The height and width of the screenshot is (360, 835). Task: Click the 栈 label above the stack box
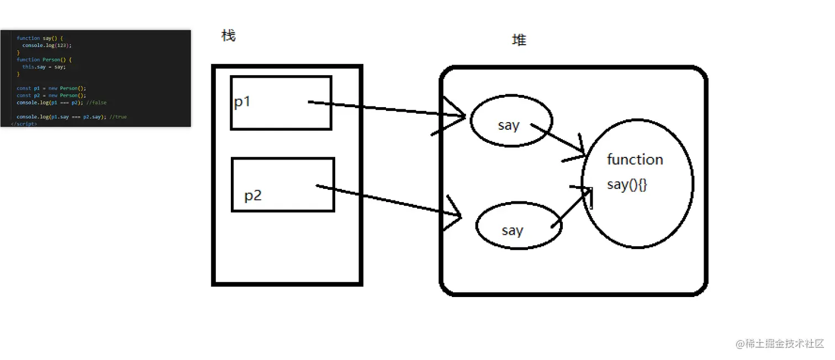pyautogui.click(x=228, y=36)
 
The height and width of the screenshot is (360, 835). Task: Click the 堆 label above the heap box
pyautogui.click(x=519, y=40)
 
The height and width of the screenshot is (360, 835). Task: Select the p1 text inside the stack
pyautogui.click(x=242, y=102)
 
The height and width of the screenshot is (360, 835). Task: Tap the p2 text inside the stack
pyautogui.click(x=253, y=195)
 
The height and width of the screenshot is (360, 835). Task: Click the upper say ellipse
pyautogui.click(x=511, y=121)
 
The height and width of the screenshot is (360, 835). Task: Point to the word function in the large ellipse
pyautogui.click(x=635, y=160)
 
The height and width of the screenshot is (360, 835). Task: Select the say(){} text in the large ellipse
pyautogui.click(x=627, y=184)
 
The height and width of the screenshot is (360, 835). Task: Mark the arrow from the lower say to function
pyautogui.click(x=572, y=207)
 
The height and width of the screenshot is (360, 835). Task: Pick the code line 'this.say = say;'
pyautogui.click(x=44, y=67)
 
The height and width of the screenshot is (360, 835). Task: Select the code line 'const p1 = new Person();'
pyautogui.click(x=51, y=88)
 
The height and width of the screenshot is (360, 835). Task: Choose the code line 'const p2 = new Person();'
pyautogui.click(x=51, y=96)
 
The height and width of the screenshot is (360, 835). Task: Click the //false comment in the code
pyautogui.click(x=96, y=103)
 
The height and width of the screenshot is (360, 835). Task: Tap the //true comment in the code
pyautogui.click(x=118, y=117)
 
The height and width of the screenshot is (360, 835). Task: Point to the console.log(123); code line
pyautogui.click(x=47, y=45)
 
